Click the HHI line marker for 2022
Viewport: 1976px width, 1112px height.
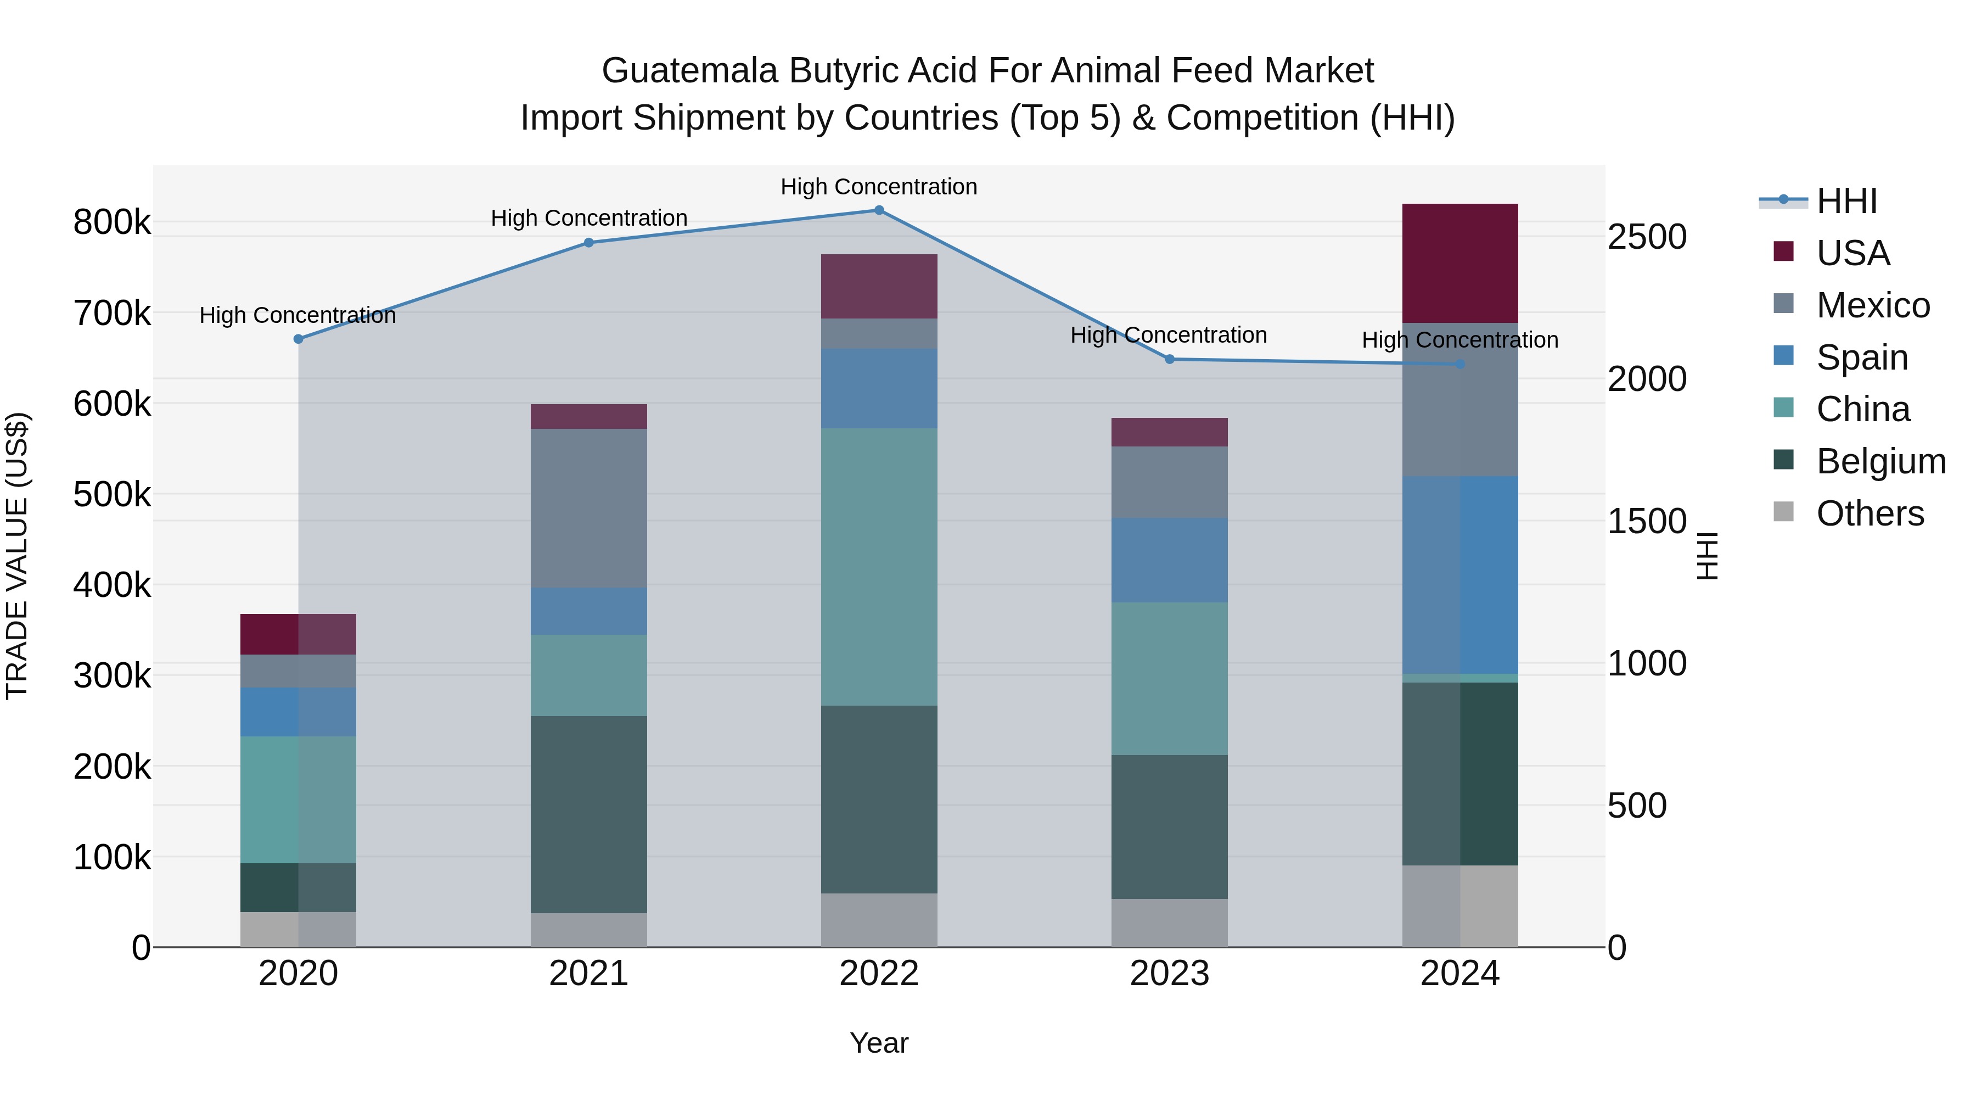(x=879, y=210)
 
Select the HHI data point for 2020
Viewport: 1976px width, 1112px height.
(x=299, y=339)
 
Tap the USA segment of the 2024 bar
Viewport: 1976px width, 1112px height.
(x=1459, y=263)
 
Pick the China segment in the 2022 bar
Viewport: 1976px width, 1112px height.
(x=879, y=566)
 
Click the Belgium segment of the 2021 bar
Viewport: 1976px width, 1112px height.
(x=588, y=814)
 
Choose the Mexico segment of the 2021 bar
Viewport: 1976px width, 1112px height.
(x=588, y=508)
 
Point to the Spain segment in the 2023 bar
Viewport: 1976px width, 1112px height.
(x=1169, y=560)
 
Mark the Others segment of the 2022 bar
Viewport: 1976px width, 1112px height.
(x=879, y=920)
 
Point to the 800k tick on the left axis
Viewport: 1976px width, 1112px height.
(x=112, y=222)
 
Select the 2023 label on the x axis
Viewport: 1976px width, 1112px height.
(x=1169, y=974)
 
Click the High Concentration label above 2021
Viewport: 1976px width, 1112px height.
(x=588, y=218)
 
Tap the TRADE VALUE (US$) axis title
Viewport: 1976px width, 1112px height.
(x=17, y=556)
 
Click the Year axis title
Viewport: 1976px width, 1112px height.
(x=879, y=1043)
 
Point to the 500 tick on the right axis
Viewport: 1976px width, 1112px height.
(x=1637, y=806)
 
